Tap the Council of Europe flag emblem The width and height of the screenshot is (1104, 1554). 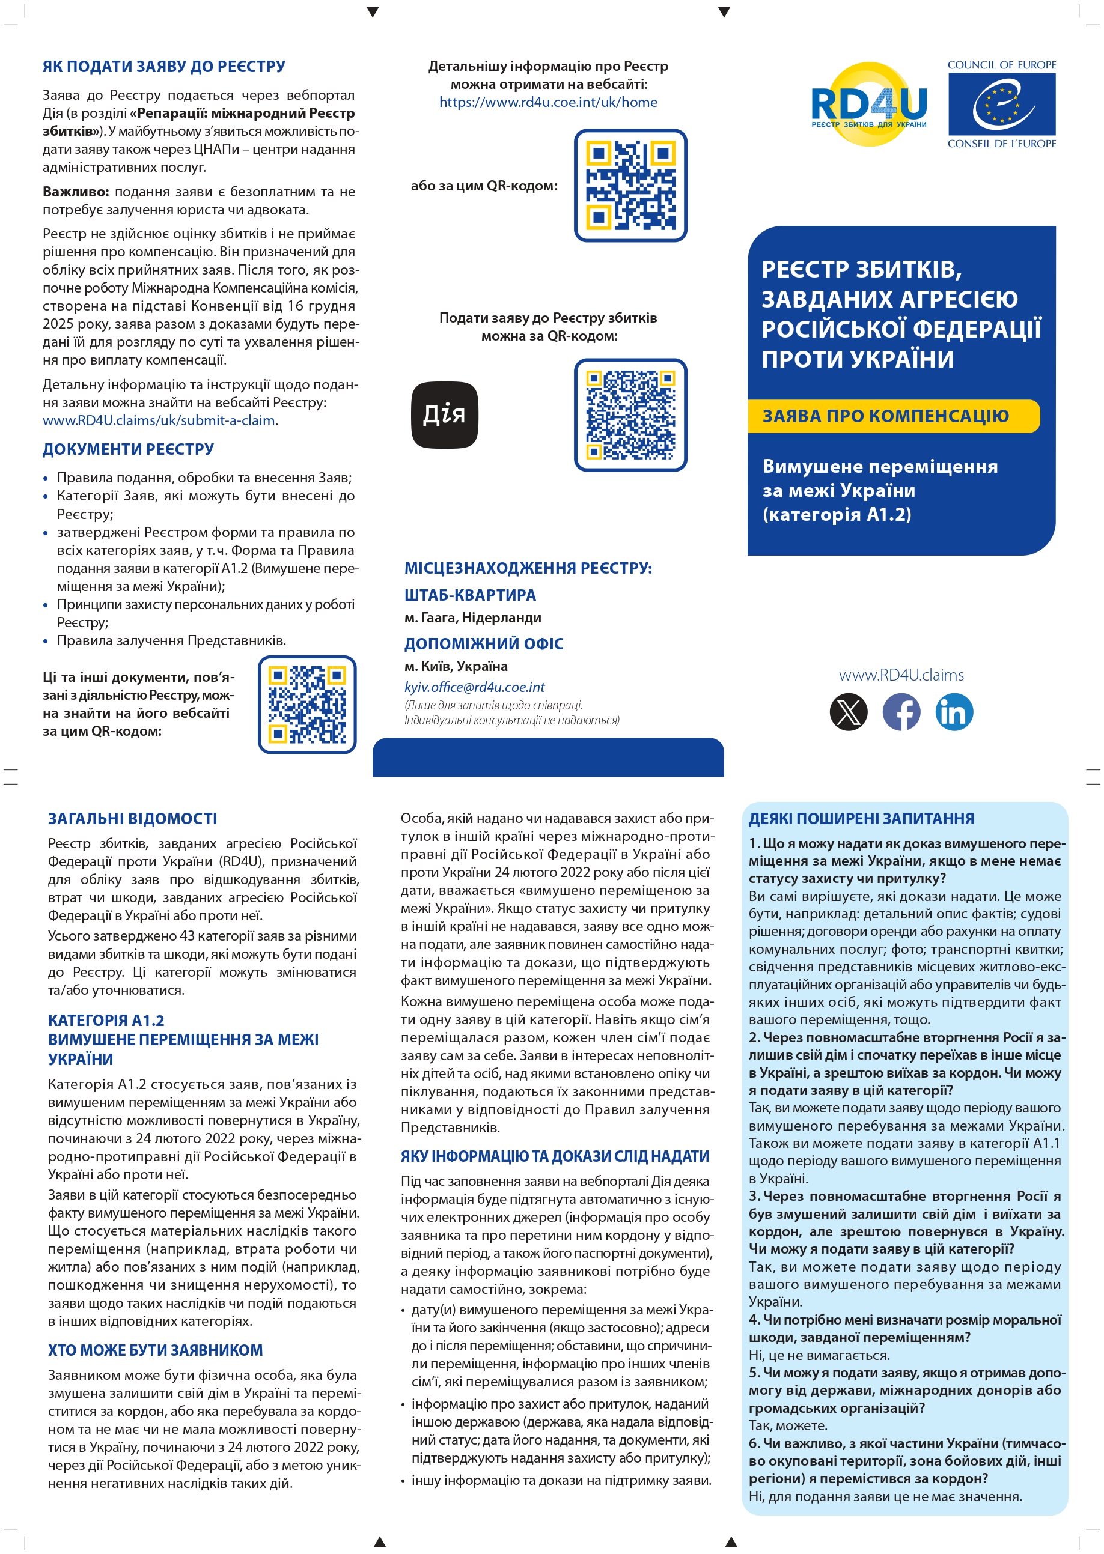(x=1001, y=104)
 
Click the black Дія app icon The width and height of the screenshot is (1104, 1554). (x=445, y=414)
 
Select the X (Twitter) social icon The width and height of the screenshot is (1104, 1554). (x=849, y=712)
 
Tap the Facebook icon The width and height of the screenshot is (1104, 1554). (x=901, y=712)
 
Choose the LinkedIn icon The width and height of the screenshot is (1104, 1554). (x=954, y=712)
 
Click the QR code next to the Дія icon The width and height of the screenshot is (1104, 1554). (x=630, y=414)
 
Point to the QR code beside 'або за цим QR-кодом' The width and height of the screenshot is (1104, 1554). (x=630, y=185)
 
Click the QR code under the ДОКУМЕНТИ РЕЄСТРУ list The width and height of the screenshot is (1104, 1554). (x=307, y=704)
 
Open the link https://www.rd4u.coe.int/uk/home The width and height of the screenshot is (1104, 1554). (x=548, y=102)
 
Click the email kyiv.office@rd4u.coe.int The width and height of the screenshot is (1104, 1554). (x=475, y=687)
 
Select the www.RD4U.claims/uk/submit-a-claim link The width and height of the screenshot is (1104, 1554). (x=159, y=420)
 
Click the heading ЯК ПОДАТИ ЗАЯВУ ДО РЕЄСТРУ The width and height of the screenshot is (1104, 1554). (x=164, y=67)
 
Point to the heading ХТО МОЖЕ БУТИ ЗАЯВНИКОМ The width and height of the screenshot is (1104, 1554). (x=155, y=1350)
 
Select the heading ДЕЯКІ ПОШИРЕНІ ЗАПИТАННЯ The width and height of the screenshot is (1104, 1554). (x=861, y=818)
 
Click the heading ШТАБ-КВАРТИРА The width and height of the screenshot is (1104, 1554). (x=470, y=595)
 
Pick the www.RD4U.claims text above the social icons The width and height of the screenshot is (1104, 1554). (x=901, y=675)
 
